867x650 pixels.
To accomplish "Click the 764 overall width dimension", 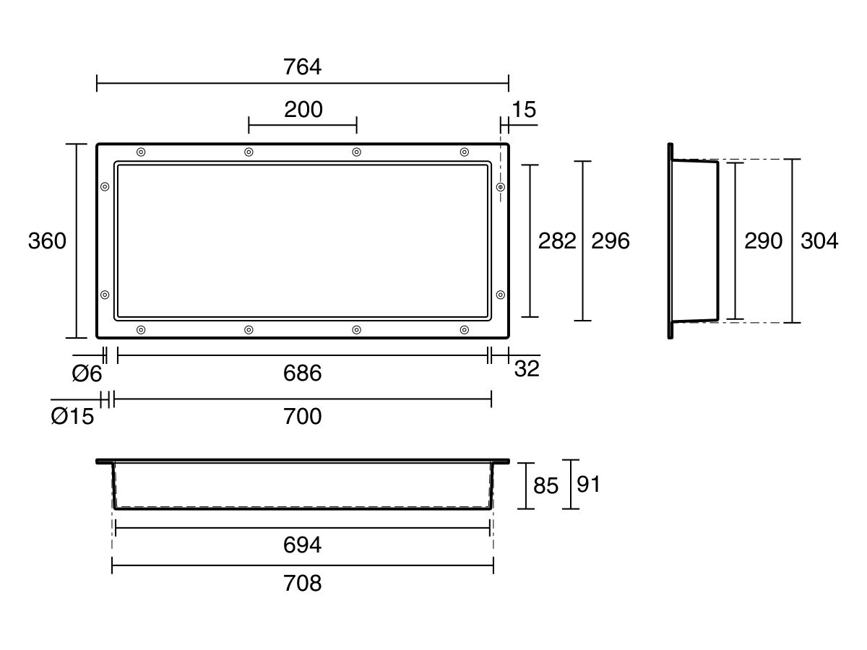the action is pyautogui.click(x=302, y=66).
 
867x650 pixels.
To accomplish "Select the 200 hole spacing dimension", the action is pyautogui.click(x=303, y=109).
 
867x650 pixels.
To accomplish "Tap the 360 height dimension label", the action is pyautogui.click(x=47, y=240).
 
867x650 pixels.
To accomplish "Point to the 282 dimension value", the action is pyautogui.click(x=557, y=240).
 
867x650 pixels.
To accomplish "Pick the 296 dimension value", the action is pyautogui.click(x=611, y=240).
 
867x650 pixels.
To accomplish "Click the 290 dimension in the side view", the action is pyautogui.click(x=763, y=240).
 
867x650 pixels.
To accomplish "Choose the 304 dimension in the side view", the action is pyautogui.click(x=819, y=240).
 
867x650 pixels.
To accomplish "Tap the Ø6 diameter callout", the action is pyautogui.click(x=87, y=373).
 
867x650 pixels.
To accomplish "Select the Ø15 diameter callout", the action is pyautogui.click(x=72, y=417).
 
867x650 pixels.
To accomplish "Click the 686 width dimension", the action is pyautogui.click(x=302, y=373).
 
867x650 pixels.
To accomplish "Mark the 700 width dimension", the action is pyautogui.click(x=302, y=417).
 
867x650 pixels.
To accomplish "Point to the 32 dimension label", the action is pyautogui.click(x=527, y=369).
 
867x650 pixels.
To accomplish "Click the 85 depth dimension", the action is pyautogui.click(x=545, y=485).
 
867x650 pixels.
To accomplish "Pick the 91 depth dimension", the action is pyautogui.click(x=588, y=484).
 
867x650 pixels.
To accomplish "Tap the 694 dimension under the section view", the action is pyautogui.click(x=302, y=545).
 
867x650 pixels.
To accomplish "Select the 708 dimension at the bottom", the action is pyautogui.click(x=302, y=583).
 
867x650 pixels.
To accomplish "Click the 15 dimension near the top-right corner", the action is pyautogui.click(x=524, y=109).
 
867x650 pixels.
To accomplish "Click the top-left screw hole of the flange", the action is pyautogui.click(x=141, y=152).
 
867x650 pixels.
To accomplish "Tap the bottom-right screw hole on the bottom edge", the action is pyautogui.click(x=465, y=329).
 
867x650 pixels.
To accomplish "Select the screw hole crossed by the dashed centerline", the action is pyautogui.click(x=501, y=186).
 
